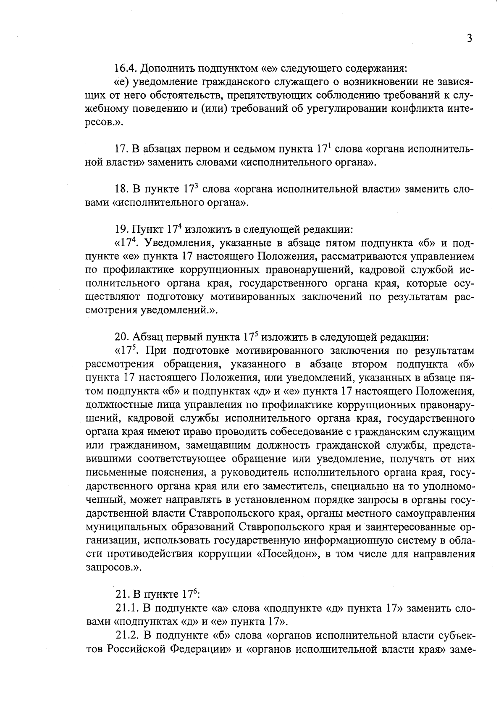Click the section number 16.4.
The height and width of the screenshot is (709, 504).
point(125,68)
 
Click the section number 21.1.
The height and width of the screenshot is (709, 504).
point(127,608)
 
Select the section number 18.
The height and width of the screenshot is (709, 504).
point(122,189)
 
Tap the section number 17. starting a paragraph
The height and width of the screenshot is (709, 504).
point(121,149)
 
